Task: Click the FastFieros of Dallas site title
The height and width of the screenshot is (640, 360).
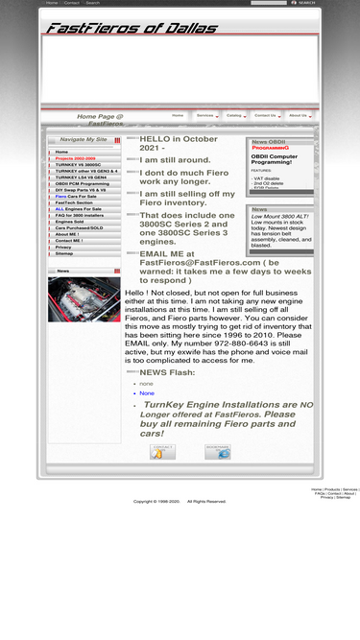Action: pos(131,29)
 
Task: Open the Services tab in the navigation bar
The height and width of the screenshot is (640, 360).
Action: pos(204,115)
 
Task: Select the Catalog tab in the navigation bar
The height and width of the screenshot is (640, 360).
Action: pos(233,115)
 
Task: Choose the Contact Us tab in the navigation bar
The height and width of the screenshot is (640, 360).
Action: pos(265,115)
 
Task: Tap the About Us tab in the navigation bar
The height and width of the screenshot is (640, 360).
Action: pos(298,115)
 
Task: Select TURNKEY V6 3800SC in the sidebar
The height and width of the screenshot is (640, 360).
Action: pos(78,165)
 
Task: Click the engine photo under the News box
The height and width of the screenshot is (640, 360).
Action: pos(84,299)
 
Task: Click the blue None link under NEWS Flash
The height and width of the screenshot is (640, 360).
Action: pos(146,393)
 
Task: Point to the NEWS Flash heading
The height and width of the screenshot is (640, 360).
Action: pos(167,372)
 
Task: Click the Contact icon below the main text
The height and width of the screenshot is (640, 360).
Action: pos(162,452)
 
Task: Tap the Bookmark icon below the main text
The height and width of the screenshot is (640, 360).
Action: pos(217,452)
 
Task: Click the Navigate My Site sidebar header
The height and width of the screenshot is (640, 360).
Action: pos(84,140)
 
